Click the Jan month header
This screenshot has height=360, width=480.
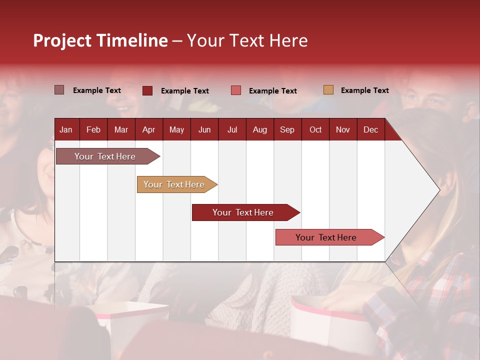(66, 129)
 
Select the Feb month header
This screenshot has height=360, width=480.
(93, 129)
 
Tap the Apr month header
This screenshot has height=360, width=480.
(148, 129)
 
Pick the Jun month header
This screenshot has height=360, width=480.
(204, 129)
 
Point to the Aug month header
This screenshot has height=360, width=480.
(259, 129)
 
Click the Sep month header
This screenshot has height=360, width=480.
(287, 129)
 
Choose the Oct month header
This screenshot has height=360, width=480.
(315, 129)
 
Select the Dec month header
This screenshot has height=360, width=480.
(370, 129)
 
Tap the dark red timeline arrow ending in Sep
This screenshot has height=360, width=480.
(243, 212)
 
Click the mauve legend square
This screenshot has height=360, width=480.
(59, 90)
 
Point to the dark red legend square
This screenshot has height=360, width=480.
(147, 90)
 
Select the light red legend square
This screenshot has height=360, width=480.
(236, 90)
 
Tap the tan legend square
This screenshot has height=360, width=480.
(328, 90)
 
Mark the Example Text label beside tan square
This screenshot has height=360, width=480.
(364, 90)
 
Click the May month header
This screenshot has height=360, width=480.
(176, 129)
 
